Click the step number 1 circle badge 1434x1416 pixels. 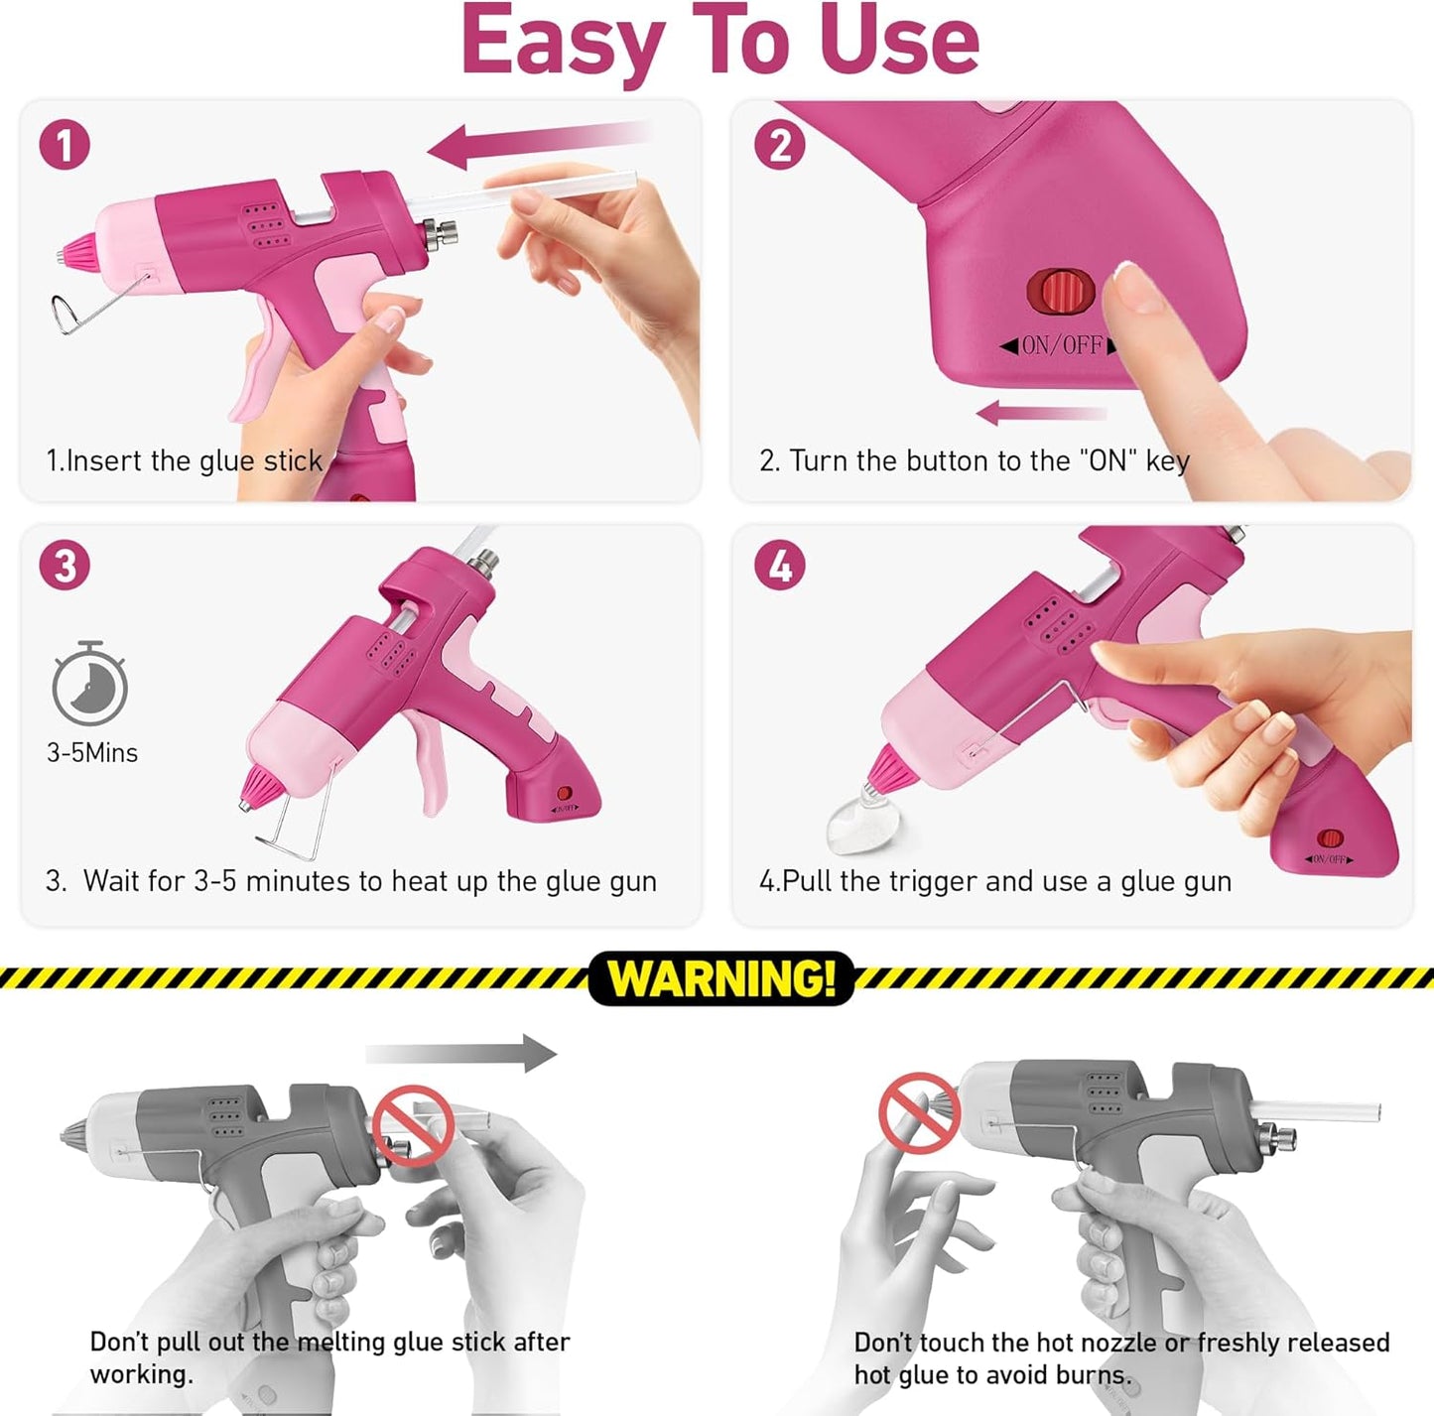(65, 145)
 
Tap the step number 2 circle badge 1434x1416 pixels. (780, 145)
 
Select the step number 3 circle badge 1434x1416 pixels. (65, 566)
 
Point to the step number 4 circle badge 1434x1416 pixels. (780, 566)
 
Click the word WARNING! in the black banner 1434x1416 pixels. (721, 978)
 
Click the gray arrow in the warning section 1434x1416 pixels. (462, 1054)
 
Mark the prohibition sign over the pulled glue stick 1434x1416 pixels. (414, 1125)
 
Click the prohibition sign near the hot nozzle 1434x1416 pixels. (918, 1112)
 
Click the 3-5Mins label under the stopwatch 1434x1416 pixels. (92, 753)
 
